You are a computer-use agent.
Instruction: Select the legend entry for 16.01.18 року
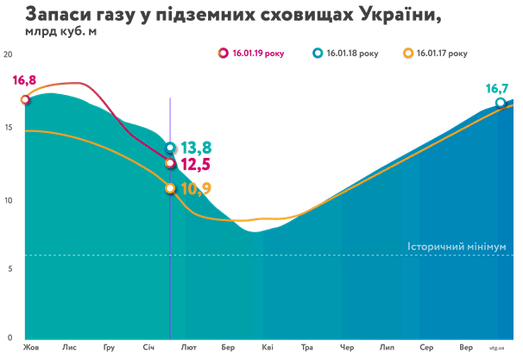(x=345, y=54)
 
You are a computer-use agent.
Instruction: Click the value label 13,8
(x=196, y=148)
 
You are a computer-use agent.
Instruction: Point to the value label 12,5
(x=194, y=164)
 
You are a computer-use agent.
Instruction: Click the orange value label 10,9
(x=195, y=188)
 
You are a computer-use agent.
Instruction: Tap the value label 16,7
(x=498, y=88)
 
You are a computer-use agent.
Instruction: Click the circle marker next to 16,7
(x=501, y=104)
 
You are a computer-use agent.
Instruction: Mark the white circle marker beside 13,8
(x=171, y=148)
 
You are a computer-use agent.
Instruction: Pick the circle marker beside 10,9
(x=170, y=188)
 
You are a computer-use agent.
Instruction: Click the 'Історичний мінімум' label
(x=456, y=247)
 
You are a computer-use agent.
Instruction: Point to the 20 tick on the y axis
(x=9, y=54)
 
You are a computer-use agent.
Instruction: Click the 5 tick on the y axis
(x=9, y=269)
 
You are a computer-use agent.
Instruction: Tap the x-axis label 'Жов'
(x=32, y=348)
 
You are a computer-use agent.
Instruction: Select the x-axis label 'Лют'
(x=189, y=348)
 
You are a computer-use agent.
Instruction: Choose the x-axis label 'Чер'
(x=347, y=348)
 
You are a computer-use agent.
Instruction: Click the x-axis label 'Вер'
(x=466, y=348)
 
